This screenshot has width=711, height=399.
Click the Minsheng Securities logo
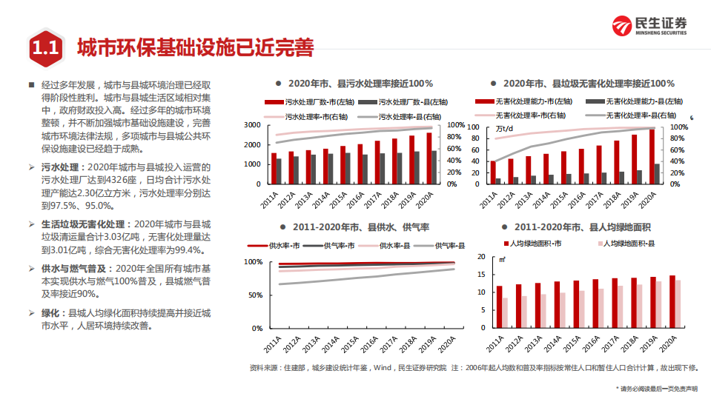tap(649, 26)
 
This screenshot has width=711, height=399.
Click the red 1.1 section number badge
tap(44, 49)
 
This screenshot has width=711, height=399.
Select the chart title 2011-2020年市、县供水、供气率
tap(356, 227)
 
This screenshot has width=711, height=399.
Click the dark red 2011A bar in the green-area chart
tap(500, 307)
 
